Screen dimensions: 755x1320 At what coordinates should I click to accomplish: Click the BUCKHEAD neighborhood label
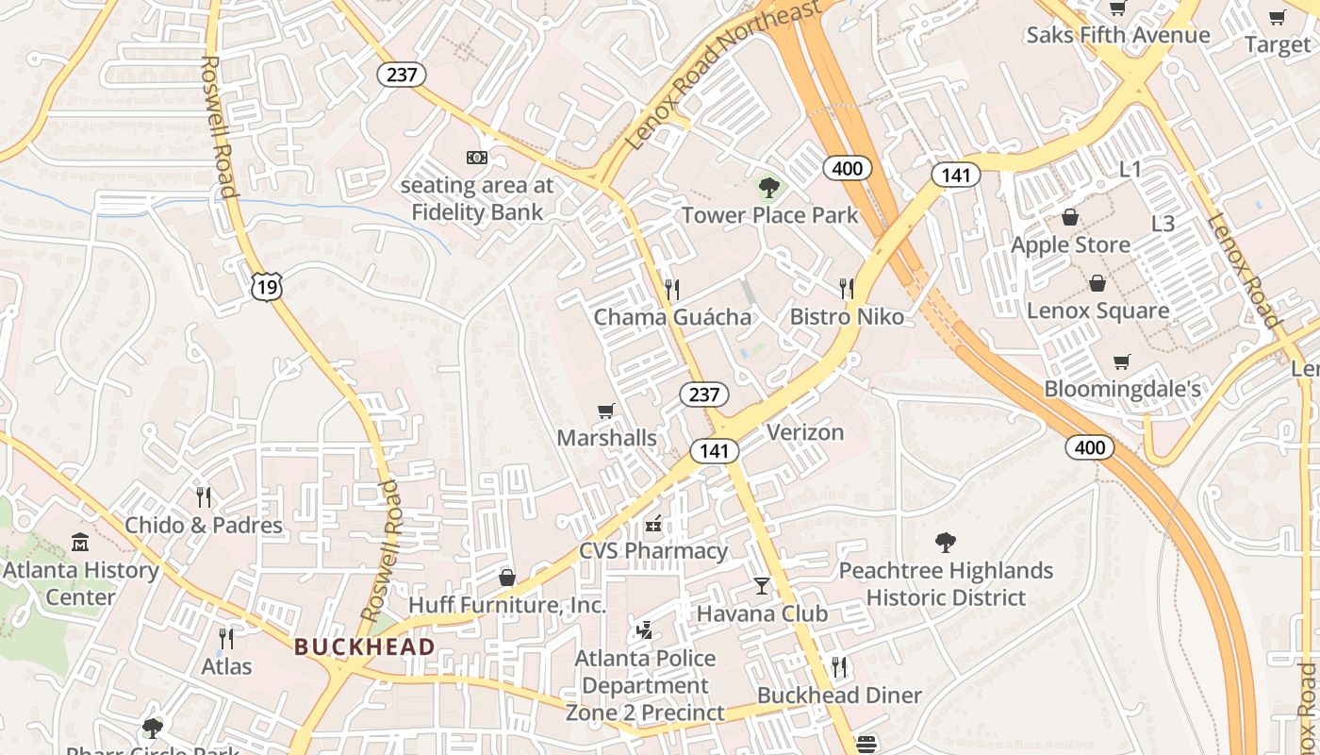[364, 647]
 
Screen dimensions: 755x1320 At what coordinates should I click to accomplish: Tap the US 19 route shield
[267, 287]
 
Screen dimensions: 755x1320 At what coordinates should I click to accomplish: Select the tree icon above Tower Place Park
[769, 187]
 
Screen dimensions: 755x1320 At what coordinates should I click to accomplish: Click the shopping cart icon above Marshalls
[606, 411]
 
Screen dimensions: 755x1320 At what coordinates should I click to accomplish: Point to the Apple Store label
[1070, 245]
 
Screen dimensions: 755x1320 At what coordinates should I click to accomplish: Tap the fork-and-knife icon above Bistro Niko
[847, 289]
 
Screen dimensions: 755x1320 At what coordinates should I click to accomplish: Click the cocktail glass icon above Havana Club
[762, 586]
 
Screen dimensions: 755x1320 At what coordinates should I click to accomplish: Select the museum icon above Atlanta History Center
[80, 543]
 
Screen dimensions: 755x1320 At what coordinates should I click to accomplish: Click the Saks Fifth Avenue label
[1117, 36]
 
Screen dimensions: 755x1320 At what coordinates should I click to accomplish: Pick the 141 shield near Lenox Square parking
[956, 175]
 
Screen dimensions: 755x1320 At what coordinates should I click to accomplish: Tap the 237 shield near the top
[402, 75]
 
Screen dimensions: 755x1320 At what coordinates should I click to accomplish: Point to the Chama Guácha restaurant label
[672, 317]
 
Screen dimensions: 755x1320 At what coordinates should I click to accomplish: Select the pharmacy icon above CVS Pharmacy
[652, 523]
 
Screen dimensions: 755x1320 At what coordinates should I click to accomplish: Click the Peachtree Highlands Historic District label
[946, 584]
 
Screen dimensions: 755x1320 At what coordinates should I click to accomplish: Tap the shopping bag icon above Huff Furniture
[507, 578]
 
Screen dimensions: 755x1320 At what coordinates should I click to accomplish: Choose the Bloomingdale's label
[1122, 389]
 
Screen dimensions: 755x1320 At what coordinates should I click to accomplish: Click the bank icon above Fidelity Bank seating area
[477, 158]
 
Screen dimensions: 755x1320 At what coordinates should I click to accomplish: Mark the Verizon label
[805, 432]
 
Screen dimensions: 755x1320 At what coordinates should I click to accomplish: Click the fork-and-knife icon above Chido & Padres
[204, 496]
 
